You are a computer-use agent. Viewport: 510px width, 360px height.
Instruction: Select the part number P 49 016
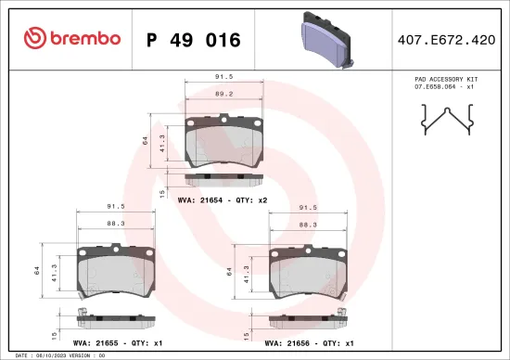tap(194, 40)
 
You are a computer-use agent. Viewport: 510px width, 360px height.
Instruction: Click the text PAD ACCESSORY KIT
tap(446, 80)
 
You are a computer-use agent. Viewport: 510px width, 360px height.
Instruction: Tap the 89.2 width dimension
tap(223, 94)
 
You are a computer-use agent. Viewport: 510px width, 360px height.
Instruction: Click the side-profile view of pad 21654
tap(223, 178)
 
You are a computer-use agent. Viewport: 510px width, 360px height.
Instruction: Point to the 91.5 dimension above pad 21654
tap(223, 78)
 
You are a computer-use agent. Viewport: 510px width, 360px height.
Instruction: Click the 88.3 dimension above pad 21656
tap(307, 224)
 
